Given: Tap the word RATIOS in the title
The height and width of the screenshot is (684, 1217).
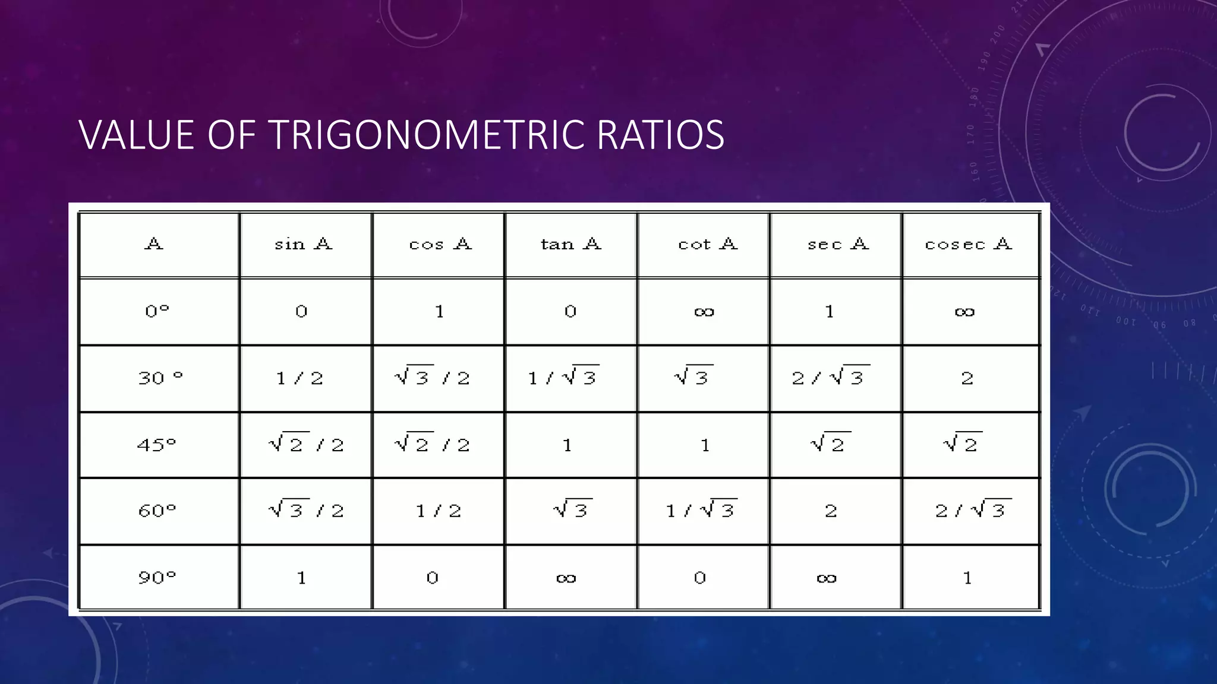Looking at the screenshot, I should (x=660, y=135).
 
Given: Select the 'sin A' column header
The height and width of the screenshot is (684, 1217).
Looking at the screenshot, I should (x=303, y=244).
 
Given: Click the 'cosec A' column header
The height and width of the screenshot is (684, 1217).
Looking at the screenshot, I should (x=968, y=244).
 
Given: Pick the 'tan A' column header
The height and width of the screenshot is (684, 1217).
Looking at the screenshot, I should (x=570, y=244).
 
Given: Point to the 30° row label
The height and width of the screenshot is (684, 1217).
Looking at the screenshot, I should (x=160, y=378).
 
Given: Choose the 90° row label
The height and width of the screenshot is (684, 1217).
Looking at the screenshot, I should (x=157, y=577).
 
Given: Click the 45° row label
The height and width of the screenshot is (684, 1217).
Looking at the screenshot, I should (x=157, y=444).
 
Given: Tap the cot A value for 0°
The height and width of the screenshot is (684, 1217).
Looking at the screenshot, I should (x=704, y=312).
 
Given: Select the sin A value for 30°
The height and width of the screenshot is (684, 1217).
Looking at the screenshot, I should (x=299, y=378).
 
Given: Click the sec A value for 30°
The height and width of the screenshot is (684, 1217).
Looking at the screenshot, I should (x=830, y=377).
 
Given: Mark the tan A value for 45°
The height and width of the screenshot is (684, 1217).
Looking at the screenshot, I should (x=567, y=445).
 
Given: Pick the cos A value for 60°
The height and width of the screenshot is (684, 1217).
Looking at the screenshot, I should (x=439, y=511).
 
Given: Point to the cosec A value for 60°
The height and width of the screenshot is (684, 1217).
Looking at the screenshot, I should (x=973, y=509).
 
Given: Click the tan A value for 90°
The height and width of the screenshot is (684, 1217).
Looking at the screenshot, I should (x=566, y=578).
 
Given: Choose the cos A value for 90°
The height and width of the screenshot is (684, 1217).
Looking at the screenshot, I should (x=433, y=578).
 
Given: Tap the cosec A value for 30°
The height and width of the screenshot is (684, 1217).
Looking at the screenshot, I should (x=967, y=378).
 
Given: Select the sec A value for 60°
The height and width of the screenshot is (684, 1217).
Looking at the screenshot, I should (x=831, y=511).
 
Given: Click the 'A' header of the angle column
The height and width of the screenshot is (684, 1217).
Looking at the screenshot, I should (x=153, y=244).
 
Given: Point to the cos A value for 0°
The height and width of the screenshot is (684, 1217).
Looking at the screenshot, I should (x=439, y=312).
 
